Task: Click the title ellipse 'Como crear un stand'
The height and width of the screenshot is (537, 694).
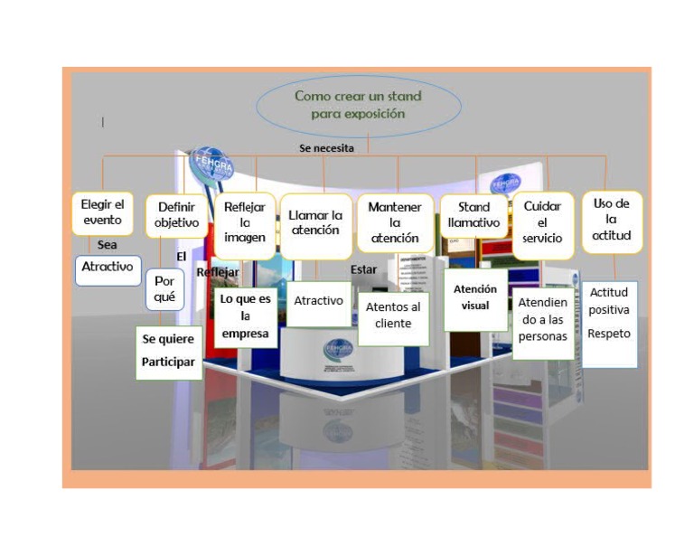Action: point(358,105)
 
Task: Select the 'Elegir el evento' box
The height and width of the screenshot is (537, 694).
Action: point(102,212)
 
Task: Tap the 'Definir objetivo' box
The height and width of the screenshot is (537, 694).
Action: point(177,214)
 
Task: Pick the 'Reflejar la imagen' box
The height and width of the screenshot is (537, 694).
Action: point(244,221)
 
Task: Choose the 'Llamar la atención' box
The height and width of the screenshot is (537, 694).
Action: point(314,222)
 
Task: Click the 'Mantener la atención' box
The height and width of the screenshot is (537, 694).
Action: point(394,222)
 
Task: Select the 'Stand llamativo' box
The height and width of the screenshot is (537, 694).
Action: point(474,215)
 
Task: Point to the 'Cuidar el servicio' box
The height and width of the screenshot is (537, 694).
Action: point(542,222)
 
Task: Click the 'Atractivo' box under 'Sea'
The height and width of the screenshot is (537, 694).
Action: point(108,268)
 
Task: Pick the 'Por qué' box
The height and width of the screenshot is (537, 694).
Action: point(164,288)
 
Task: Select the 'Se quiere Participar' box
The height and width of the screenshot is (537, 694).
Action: point(168,351)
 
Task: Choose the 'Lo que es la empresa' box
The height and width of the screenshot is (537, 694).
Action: point(246,316)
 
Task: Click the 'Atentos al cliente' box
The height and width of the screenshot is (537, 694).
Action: point(393,316)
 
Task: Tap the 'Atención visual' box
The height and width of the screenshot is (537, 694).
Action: point(475,297)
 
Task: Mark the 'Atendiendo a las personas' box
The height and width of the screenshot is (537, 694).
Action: point(543,320)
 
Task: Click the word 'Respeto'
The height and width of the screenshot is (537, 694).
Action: point(609,333)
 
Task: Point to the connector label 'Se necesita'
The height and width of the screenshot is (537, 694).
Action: point(326,147)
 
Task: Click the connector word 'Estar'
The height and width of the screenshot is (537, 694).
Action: point(363,269)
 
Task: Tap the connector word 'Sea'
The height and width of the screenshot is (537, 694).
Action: point(108,244)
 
